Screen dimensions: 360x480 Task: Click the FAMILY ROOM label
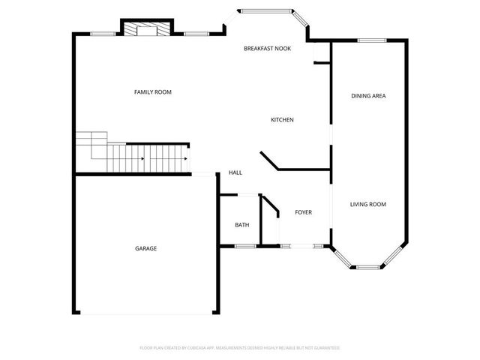152,92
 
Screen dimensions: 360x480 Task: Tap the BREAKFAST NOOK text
267,49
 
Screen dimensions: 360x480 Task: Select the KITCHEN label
282,120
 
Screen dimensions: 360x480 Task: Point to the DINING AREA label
368,96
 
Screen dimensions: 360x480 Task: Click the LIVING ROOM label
368,204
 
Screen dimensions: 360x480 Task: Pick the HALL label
235,173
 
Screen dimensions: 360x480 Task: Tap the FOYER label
303,212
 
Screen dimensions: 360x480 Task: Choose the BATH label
241,225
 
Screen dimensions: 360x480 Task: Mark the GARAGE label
145,248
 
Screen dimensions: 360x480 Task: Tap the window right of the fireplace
196,33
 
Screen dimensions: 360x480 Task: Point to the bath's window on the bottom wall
244,245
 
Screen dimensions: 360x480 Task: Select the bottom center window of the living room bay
367,266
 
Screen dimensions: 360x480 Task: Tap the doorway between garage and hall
203,175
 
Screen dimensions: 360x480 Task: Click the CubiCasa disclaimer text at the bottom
240,348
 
